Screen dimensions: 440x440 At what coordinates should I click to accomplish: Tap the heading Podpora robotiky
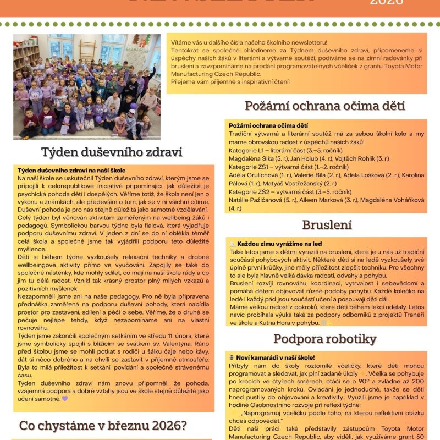(324, 338)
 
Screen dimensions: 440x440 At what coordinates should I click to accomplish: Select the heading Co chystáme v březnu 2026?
(103, 425)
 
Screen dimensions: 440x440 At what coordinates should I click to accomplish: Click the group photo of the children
(87, 86)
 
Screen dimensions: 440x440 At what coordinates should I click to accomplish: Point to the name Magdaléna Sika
(254, 158)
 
